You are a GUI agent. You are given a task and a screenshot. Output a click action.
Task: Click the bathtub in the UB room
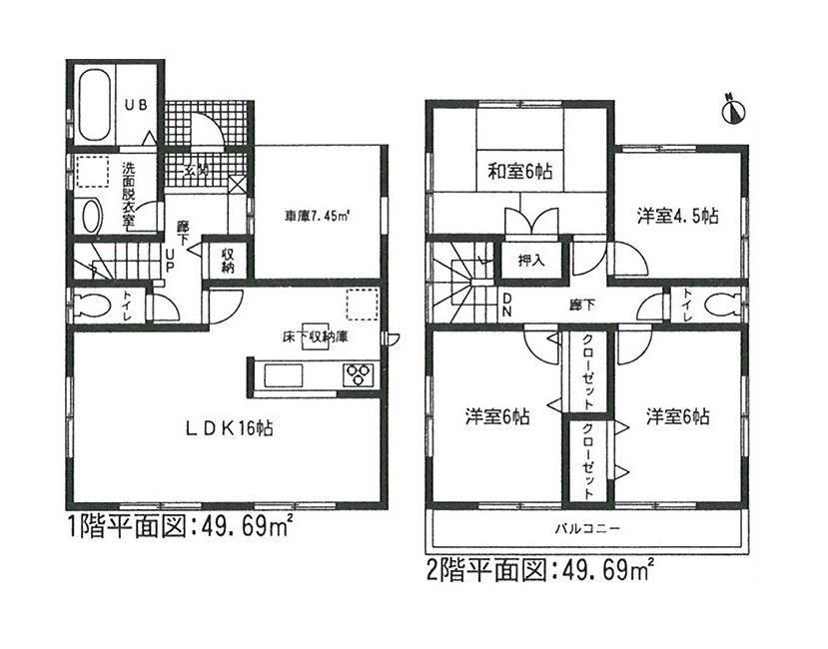[x=95, y=104]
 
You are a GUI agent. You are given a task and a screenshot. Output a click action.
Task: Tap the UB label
[x=135, y=102]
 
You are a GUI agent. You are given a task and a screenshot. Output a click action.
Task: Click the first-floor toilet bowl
[x=87, y=306]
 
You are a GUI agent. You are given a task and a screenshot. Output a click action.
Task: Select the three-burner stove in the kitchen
[x=357, y=375]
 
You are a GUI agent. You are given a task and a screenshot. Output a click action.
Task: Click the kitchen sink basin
[x=281, y=376]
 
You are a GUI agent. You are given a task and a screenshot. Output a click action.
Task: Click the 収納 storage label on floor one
[x=228, y=262]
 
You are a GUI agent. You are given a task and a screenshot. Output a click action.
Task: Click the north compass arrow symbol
[x=734, y=108]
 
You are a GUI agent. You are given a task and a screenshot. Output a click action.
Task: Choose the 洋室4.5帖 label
[x=679, y=215]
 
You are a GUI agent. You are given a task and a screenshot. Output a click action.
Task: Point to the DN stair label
[x=506, y=304]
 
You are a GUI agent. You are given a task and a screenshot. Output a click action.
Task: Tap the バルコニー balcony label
[x=588, y=526]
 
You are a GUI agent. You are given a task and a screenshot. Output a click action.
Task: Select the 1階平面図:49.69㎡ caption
[x=179, y=526]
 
